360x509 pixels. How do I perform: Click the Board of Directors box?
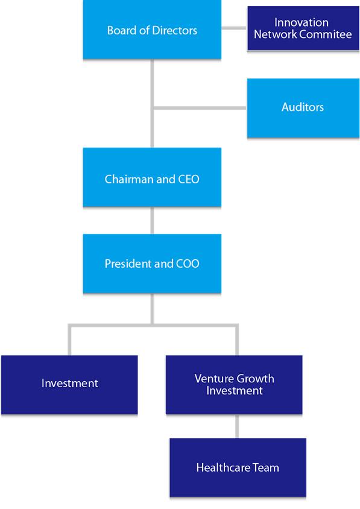(x=152, y=30)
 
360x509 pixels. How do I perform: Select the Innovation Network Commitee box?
(x=303, y=28)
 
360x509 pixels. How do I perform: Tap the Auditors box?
(x=303, y=108)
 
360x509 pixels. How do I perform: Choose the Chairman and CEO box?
(x=152, y=177)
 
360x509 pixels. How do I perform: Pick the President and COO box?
(x=152, y=264)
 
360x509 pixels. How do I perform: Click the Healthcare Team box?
(x=238, y=467)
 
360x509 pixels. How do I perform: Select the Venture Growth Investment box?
(x=234, y=385)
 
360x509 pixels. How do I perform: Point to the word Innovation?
(x=302, y=22)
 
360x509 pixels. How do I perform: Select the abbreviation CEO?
(x=189, y=179)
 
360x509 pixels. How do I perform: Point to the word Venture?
(x=213, y=379)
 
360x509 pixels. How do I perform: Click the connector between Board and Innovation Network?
(x=235, y=28)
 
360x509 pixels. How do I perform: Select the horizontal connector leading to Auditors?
(x=200, y=108)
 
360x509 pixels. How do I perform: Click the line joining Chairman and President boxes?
(x=152, y=220)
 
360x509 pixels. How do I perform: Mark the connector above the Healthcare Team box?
(x=238, y=426)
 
